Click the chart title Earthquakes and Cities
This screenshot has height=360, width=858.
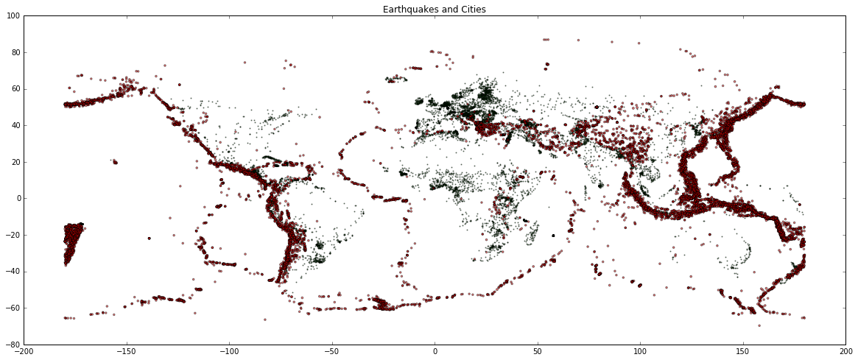coord(435,10)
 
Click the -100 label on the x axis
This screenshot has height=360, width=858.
coord(229,352)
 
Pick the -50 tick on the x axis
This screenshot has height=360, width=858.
coord(332,352)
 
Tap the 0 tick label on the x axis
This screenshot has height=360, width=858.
coord(435,352)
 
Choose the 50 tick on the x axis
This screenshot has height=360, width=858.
coord(538,352)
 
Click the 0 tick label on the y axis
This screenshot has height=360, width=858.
coord(17,199)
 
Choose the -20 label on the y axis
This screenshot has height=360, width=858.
coord(13,236)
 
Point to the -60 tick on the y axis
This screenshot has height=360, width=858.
coord(13,308)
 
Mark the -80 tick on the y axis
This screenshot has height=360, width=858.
coord(13,345)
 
